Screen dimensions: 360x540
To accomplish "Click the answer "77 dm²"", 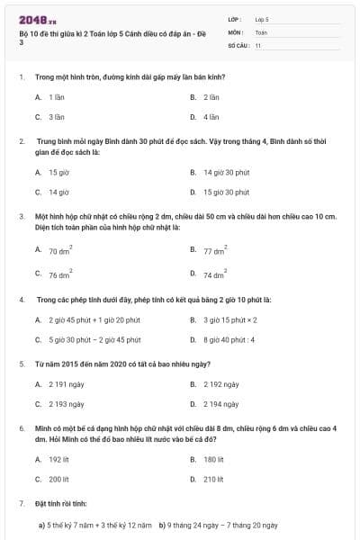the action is [x=214, y=253].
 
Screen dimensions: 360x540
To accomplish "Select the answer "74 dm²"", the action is [x=214, y=274].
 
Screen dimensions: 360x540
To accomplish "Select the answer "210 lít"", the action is [x=213, y=480].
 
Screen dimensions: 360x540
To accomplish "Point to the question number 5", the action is [x=21, y=364].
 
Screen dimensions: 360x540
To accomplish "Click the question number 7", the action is [x=21, y=502].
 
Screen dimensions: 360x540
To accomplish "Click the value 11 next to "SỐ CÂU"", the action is [x=258, y=44].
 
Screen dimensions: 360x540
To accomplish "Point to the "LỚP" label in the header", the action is [x=236, y=18].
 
